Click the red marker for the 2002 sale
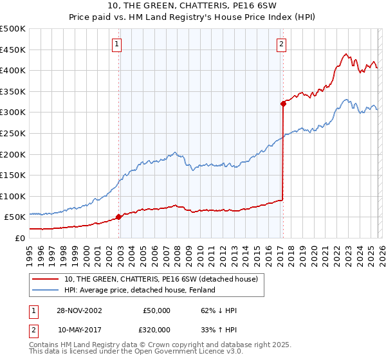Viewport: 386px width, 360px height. click(x=119, y=217)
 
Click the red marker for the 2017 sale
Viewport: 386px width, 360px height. click(x=282, y=103)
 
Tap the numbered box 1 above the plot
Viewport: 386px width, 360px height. click(x=117, y=44)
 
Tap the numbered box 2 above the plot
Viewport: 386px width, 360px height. click(x=281, y=44)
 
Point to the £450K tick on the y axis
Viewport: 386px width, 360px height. click(x=13, y=50)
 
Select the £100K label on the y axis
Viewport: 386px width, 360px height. click(x=13, y=196)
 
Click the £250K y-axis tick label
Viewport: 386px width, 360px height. click(x=13, y=133)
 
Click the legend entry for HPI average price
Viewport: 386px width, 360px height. click(x=140, y=290)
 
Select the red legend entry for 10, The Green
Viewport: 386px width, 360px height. click(x=161, y=279)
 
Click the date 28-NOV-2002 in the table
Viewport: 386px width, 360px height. click(x=79, y=310)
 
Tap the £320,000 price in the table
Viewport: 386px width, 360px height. click(x=156, y=328)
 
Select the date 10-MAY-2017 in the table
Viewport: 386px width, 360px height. click(x=79, y=328)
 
